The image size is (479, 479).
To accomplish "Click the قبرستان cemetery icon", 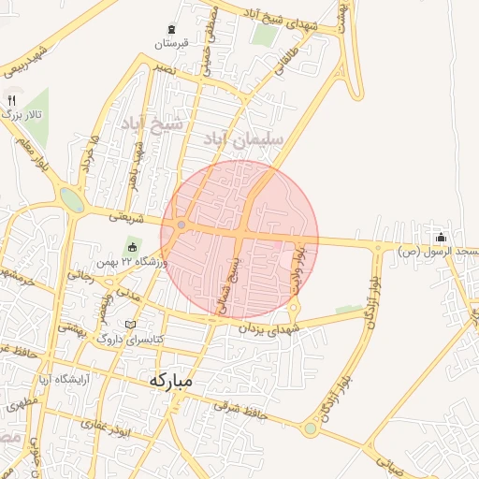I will (x=171, y=30).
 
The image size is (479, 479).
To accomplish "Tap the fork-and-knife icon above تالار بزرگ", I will (x=11, y=99).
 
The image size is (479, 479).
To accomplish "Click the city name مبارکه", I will (x=169, y=381).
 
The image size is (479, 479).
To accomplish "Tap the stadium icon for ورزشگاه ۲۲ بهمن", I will (x=132, y=249).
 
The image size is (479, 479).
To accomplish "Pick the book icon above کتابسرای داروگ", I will (x=130, y=325).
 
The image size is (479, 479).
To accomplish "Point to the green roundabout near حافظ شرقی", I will (x=310, y=428).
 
